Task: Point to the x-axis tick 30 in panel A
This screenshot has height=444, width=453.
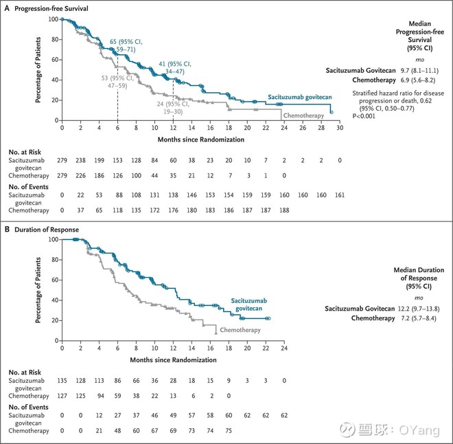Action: pos(339,128)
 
